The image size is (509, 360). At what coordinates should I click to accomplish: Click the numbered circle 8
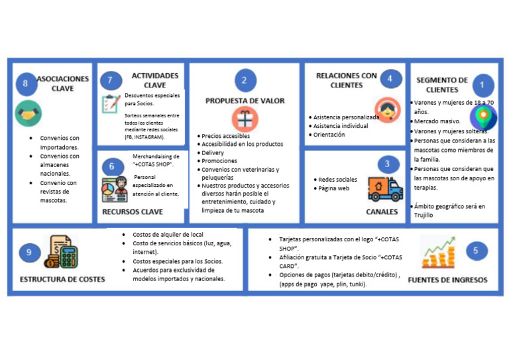tap(25, 84)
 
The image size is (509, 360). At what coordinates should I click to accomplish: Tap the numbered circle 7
tap(110, 80)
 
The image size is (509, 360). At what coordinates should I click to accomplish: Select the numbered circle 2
tap(245, 80)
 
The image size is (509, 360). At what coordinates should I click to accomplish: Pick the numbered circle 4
tap(390, 79)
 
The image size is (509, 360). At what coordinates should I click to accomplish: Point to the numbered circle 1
tap(482, 85)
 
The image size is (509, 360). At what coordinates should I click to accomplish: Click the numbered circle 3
tap(387, 164)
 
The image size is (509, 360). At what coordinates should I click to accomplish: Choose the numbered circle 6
tap(112, 166)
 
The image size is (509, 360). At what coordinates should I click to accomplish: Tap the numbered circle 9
tap(29, 252)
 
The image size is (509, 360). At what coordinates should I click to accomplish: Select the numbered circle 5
tap(476, 251)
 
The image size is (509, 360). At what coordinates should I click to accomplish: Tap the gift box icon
tap(243, 119)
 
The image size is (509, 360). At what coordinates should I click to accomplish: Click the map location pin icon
tap(483, 117)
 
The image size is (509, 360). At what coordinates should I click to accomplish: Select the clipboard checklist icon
tap(111, 104)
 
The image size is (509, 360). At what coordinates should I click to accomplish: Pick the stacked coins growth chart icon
tap(438, 251)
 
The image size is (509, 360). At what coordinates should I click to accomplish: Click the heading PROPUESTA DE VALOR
tap(245, 101)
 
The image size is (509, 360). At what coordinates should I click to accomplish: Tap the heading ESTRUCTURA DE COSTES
tap(62, 279)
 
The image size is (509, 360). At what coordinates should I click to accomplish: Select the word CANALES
tap(382, 212)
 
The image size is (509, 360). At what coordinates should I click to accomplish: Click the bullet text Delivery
tap(213, 152)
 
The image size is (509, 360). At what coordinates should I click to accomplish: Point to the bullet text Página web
tap(334, 188)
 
